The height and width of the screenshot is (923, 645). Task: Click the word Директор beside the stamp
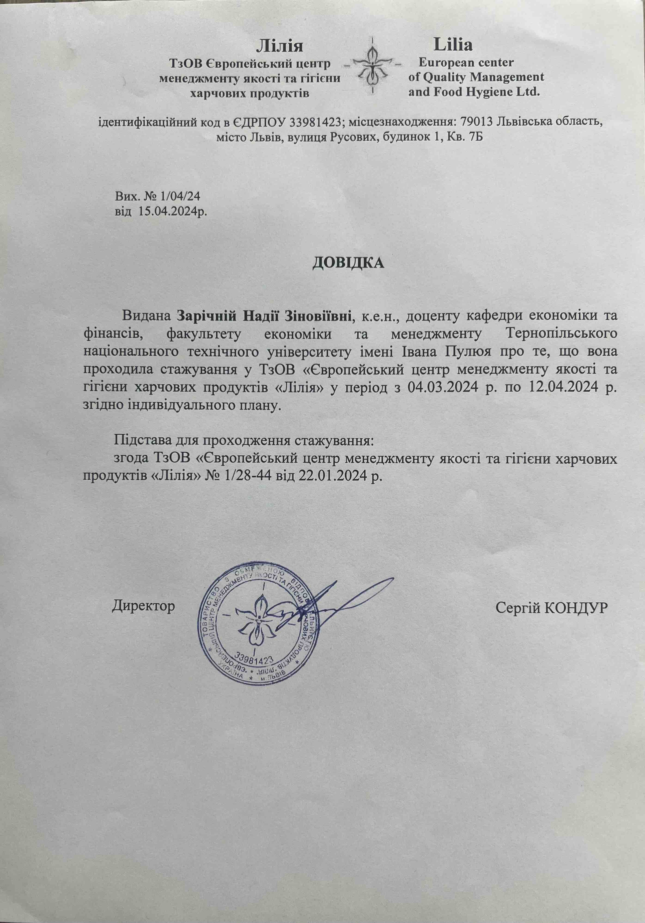click(x=143, y=617)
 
